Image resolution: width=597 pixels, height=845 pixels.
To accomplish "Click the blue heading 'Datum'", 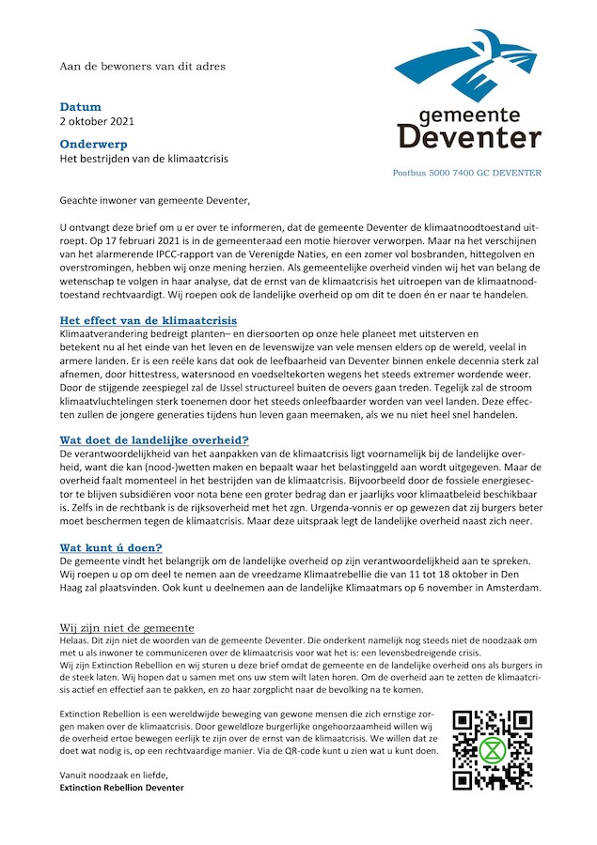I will point(80,107).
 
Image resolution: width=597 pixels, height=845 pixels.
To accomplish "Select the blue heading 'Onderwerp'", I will point(93,145).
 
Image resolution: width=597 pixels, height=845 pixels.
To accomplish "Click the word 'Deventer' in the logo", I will point(469,138).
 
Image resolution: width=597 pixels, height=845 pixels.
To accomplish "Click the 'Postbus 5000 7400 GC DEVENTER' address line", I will point(467,173).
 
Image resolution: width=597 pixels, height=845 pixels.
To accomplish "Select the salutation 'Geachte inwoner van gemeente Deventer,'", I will point(155,200).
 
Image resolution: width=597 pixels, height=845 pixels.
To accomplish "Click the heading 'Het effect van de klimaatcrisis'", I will point(149,321).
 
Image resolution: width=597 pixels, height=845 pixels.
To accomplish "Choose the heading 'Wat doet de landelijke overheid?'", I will point(154,439).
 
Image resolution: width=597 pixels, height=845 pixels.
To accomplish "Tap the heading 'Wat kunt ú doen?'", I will point(111,546).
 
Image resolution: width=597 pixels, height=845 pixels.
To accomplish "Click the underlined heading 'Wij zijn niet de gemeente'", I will point(127,628).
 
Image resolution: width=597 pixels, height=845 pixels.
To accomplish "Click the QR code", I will point(492,750).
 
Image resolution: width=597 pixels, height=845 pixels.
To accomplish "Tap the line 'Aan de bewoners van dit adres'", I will point(142,67).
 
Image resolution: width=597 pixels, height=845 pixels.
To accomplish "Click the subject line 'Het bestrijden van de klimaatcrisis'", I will point(144,159).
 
